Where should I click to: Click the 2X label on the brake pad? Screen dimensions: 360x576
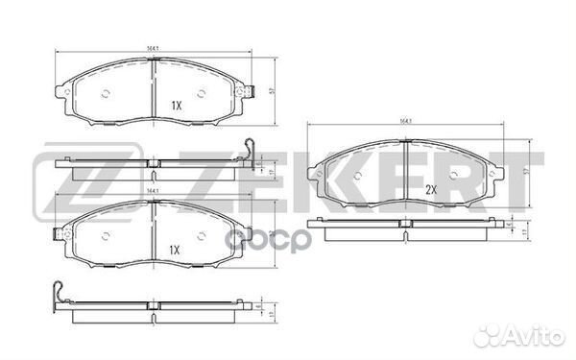(x=430, y=189)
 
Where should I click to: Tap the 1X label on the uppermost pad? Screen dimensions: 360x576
(x=176, y=103)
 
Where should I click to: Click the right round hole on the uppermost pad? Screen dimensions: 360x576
(x=201, y=93)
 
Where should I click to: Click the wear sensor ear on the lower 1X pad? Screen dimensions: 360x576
(x=64, y=234)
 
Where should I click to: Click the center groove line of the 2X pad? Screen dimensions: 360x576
(x=406, y=173)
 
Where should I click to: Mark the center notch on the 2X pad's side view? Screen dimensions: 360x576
(x=406, y=224)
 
